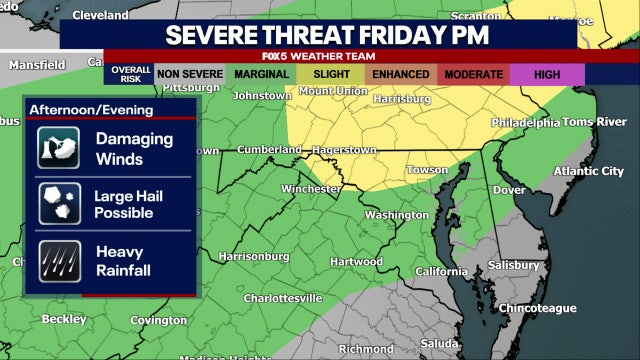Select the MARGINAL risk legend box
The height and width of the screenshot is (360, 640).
263,73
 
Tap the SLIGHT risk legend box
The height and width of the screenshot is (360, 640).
332,73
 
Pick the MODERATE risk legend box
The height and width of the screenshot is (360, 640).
474,73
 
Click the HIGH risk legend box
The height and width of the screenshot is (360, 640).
546,73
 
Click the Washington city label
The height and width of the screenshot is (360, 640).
397,215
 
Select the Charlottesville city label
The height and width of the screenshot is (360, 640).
283,298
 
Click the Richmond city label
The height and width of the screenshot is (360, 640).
366,349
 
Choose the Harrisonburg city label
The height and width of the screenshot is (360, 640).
254,256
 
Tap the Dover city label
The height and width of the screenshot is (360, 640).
510,189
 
